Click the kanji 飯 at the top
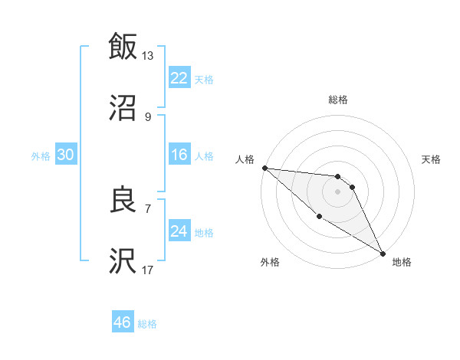(x=123, y=46)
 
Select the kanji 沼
(x=123, y=109)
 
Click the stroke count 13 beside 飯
(x=148, y=55)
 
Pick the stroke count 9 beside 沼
(x=148, y=117)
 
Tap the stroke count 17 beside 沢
(x=148, y=270)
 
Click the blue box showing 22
(x=179, y=78)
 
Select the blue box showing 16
(x=179, y=155)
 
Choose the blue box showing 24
(x=179, y=231)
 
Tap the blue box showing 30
(x=66, y=155)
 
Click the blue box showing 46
(x=123, y=322)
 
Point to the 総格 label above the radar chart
(x=338, y=100)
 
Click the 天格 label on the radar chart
(x=432, y=160)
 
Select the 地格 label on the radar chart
(x=402, y=263)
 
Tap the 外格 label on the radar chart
(x=270, y=263)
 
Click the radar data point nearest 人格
(x=264, y=168)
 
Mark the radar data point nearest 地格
(x=383, y=253)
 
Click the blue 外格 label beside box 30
(x=41, y=155)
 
